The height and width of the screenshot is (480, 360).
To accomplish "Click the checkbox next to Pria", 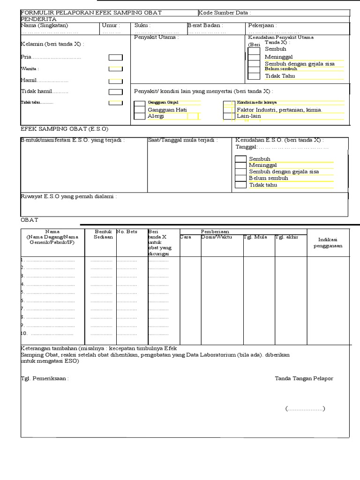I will [x=115, y=58].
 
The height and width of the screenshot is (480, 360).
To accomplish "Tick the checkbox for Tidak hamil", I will [x=115, y=92].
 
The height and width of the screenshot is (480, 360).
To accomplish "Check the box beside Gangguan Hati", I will [x=139, y=110].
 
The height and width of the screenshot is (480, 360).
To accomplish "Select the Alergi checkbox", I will [x=139, y=117].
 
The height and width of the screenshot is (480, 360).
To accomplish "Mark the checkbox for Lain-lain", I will [x=228, y=116].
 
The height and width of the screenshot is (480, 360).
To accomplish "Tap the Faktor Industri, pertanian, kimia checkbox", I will [x=228, y=110].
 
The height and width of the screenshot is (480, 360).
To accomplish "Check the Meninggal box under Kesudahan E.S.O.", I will [x=240, y=165].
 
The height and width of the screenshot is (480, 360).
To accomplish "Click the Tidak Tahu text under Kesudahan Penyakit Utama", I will [x=280, y=76].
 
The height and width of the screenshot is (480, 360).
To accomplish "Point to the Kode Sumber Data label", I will [x=225, y=13].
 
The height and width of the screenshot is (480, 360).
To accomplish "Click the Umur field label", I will [x=111, y=25].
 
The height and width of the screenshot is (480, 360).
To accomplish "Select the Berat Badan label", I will [x=205, y=25].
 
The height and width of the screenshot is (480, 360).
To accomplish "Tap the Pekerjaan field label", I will [x=262, y=25].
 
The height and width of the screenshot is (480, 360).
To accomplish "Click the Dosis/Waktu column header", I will [x=217, y=237].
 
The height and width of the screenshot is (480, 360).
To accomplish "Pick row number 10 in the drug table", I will [x=24, y=334].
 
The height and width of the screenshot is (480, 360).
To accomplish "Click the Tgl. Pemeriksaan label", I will [x=45, y=378].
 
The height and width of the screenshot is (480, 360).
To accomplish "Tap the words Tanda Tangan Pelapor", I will [x=304, y=378].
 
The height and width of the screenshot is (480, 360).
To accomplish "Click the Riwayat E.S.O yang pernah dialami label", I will [x=69, y=196].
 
